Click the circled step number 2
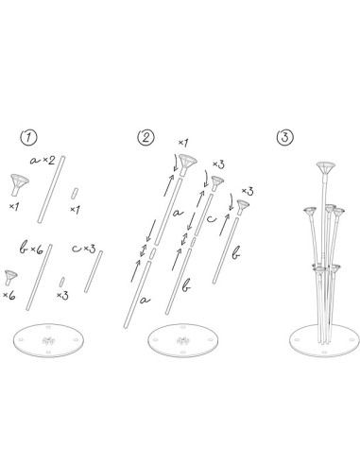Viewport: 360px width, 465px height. pyautogui.click(x=146, y=138)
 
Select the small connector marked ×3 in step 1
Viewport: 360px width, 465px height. pyautogui.click(x=61, y=281)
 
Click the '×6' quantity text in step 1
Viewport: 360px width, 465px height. pyautogui.click(x=12, y=296)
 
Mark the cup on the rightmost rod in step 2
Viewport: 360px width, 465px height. pyautogui.click(x=245, y=204)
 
